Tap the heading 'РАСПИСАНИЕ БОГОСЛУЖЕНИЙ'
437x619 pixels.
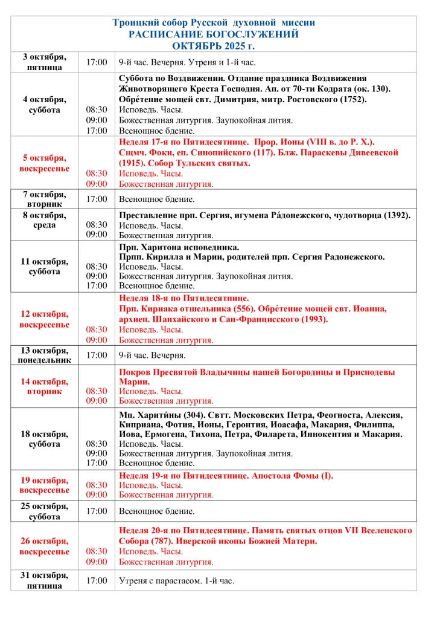(214, 34)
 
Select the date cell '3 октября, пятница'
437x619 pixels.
(44, 62)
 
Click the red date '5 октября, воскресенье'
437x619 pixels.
(44, 163)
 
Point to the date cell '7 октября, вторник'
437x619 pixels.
(44, 199)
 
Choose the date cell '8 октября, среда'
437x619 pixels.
(44, 220)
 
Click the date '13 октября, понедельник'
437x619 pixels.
(44, 355)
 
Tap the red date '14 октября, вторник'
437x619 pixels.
(44, 386)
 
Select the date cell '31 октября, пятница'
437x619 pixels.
(44, 581)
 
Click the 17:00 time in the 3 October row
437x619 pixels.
(97, 62)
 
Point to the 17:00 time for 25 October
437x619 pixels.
(97, 511)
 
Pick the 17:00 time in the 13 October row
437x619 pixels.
(97, 355)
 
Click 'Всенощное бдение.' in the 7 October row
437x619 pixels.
(156, 199)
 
